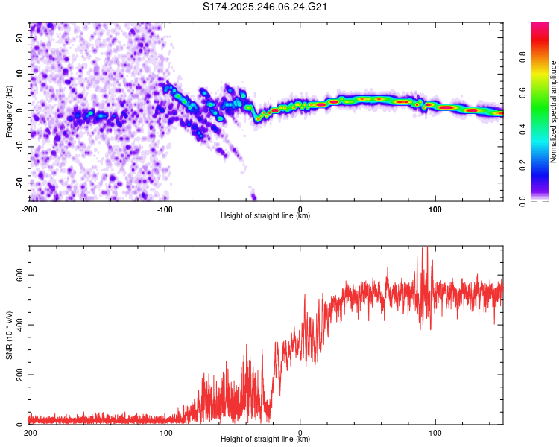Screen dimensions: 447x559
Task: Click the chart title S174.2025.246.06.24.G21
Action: pyautogui.click(x=266, y=7)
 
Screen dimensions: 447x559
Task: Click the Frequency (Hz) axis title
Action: pyautogui.click(x=9, y=112)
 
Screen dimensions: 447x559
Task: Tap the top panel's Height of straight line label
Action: pyautogui.click(x=265, y=216)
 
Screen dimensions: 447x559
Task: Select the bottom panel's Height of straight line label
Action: pyautogui.click(x=265, y=440)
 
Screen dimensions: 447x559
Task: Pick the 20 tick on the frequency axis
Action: pyautogui.click(x=20, y=39)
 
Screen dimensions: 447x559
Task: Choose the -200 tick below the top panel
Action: pyautogui.click(x=29, y=209)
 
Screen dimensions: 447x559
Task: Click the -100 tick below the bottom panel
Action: pyautogui.click(x=165, y=432)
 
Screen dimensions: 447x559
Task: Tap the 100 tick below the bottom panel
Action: pyautogui.click(x=436, y=432)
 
